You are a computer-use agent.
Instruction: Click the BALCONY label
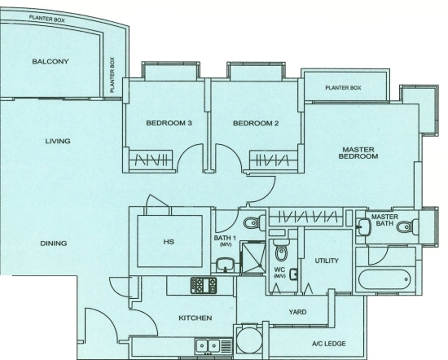click(50, 61)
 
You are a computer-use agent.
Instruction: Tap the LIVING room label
click(58, 141)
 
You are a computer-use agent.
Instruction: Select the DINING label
click(53, 243)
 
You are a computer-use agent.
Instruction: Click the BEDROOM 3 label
click(169, 123)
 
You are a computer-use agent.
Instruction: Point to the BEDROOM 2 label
click(256, 123)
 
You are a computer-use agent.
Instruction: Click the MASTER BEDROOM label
click(358, 153)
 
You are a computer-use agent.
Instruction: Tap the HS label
click(169, 241)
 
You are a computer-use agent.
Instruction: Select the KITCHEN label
click(195, 318)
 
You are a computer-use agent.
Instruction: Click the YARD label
click(298, 312)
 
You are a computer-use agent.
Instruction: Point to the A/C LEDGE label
click(329, 344)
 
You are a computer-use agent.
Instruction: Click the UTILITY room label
click(327, 260)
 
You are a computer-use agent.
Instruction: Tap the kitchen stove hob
click(204, 285)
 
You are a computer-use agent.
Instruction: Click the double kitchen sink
click(208, 346)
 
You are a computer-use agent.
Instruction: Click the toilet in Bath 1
click(255, 223)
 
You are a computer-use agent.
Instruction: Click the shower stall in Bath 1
click(253, 258)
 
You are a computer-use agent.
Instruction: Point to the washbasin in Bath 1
click(225, 264)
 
